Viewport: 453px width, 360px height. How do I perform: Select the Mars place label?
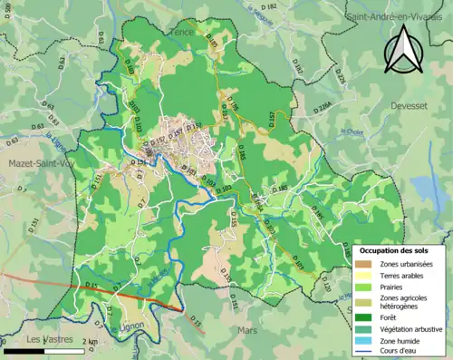247,331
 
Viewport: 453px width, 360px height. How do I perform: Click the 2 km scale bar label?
87,341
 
